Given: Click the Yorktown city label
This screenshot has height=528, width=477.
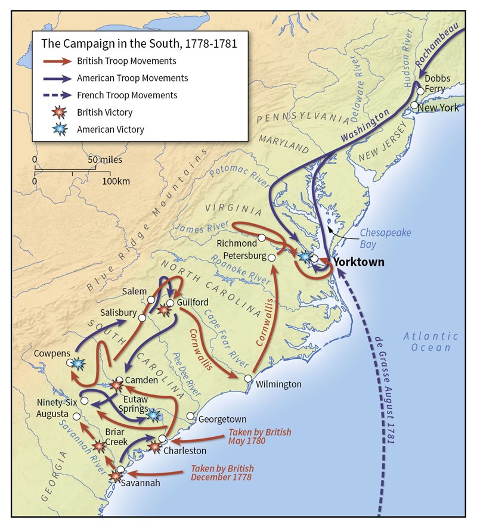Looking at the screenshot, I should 358,262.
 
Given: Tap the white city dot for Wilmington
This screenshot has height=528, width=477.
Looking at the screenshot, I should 248,378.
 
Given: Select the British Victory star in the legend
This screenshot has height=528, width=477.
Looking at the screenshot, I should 58,112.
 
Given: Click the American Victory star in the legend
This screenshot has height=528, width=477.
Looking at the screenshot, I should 58,129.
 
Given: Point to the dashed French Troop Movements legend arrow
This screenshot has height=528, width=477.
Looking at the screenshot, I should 58,95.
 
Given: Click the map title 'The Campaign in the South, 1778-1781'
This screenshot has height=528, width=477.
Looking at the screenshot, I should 139,44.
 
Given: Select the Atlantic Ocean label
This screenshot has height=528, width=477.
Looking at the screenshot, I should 430,341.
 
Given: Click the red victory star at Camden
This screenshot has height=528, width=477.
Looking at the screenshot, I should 116,386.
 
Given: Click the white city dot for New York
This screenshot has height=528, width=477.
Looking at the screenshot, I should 414,105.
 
